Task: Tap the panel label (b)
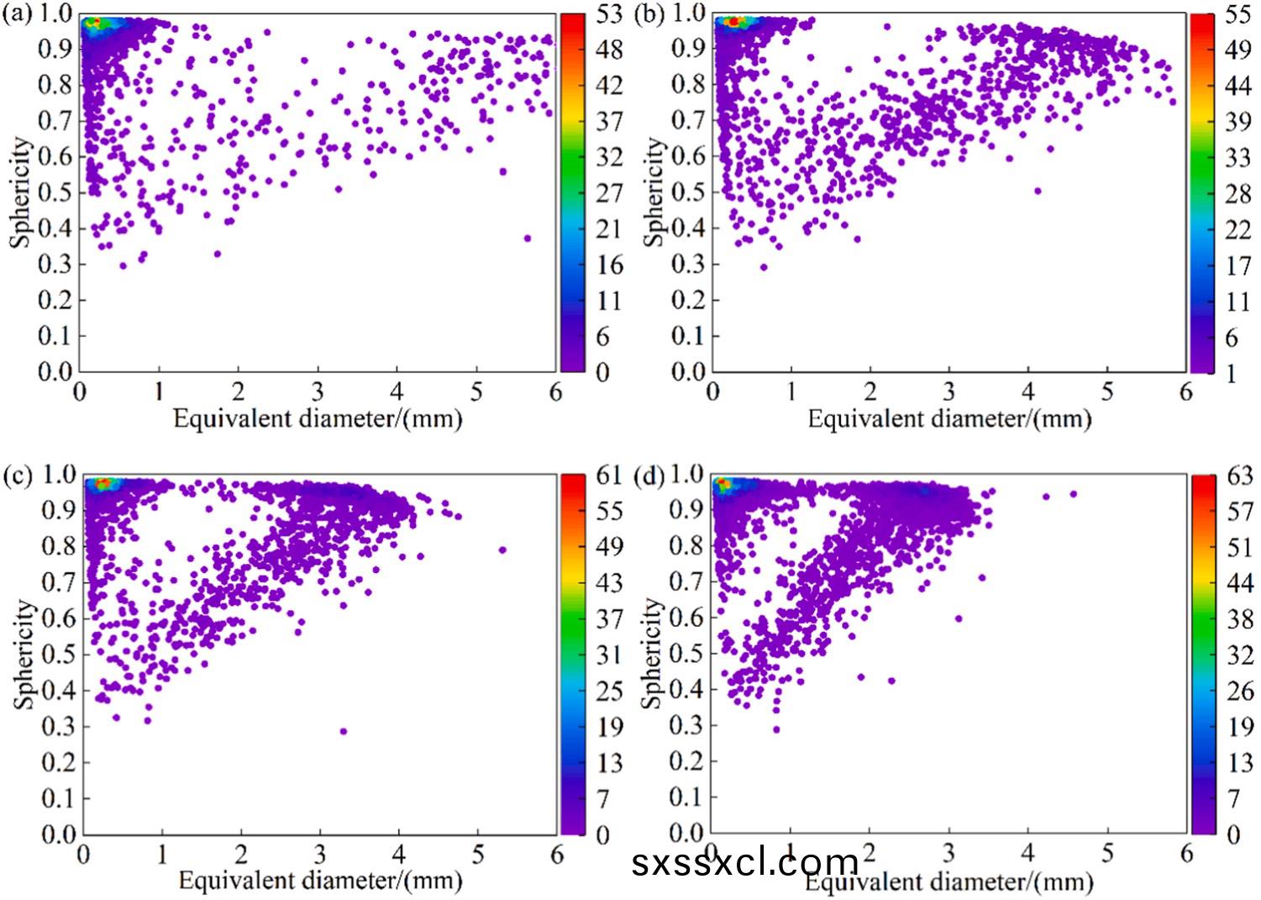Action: click(x=648, y=15)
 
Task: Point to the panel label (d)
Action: click(x=648, y=476)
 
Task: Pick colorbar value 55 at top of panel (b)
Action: click(x=1237, y=15)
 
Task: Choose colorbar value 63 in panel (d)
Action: click(x=1239, y=476)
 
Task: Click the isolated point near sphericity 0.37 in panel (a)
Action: click(x=527, y=239)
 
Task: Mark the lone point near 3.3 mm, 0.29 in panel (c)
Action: click(x=344, y=731)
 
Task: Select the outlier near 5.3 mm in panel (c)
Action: click(x=502, y=550)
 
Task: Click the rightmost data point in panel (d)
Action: click(x=1073, y=494)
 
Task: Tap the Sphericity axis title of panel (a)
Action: click(x=21, y=193)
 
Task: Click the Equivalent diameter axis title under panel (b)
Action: click(x=949, y=418)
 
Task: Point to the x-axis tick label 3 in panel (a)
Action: click(x=318, y=392)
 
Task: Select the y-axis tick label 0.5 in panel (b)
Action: click(x=689, y=192)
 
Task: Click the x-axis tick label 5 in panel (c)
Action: click(x=478, y=855)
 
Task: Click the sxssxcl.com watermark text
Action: click(x=745, y=862)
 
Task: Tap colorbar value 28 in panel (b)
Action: click(x=1237, y=193)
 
